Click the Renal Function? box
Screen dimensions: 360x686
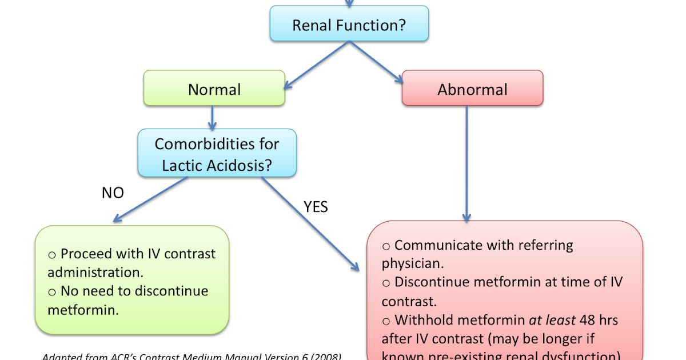click(x=349, y=25)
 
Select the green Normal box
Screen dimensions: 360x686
click(x=214, y=89)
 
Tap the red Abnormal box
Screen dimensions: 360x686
click(x=472, y=89)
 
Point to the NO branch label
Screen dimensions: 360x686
click(x=113, y=193)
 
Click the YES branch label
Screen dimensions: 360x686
click(x=316, y=206)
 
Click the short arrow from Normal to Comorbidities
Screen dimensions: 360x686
click(x=212, y=117)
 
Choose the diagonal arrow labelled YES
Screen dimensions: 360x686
click(x=309, y=223)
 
